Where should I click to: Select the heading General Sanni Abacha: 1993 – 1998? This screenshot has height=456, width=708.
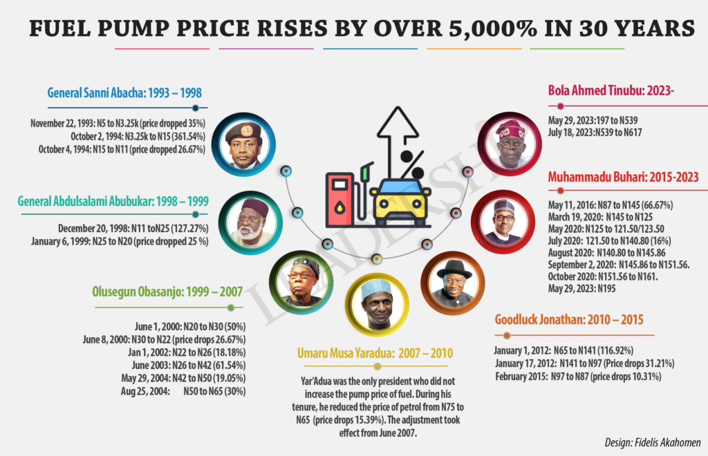tap(124, 93)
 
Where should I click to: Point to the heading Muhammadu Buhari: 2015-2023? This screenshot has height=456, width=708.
tap(622, 177)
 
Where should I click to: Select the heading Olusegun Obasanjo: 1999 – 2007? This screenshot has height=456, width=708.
tap(167, 291)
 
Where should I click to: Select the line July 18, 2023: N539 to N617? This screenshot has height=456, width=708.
tap(595, 131)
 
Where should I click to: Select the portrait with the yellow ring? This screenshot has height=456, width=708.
tap(377, 302)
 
